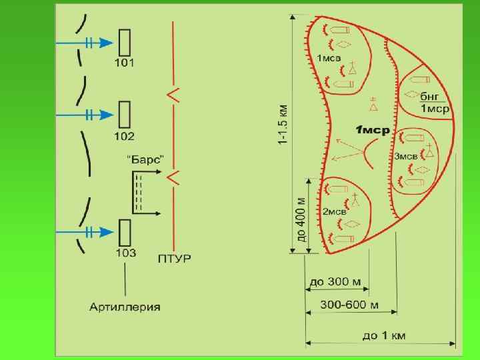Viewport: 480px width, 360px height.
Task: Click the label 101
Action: (x=124, y=63)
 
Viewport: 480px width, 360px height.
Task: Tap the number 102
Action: (x=124, y=137)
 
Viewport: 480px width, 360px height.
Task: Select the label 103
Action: (x=125, y=253)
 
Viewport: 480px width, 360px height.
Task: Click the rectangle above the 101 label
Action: (x=124, y=42)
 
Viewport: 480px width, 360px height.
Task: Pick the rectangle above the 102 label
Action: (x=124, y=115)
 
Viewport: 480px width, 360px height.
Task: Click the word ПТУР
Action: (x=174, y=258)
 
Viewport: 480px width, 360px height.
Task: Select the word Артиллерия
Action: (x=125, y=307)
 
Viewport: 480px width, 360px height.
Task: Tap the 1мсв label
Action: (x=329, y=59)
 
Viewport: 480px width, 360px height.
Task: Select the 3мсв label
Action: (x=405, y=156)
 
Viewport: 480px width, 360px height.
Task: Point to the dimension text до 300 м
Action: (x=335, y=282)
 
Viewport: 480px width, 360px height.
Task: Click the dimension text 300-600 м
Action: (x=351, y=305)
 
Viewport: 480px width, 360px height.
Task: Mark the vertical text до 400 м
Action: (x=301, y=219)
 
